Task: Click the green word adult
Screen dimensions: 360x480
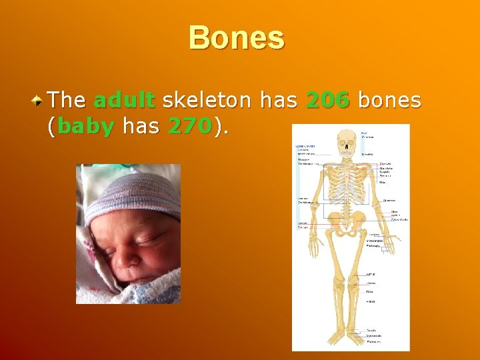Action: pyautogui.click(x=125, y=101)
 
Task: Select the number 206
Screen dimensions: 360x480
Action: pyautogui.click(x=327, y=101)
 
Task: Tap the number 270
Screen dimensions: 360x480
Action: pyautogui.click(x=190, y=125)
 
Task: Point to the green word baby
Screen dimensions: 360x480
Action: pyautogui.click(x=86, y=125)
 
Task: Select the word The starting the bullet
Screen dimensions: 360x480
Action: pyautogui.click(x=67, y=101)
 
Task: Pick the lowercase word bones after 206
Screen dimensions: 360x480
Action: pyautogui.click(x=390, y=101)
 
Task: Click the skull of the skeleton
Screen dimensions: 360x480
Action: pyautogui.click(x=346, y=143)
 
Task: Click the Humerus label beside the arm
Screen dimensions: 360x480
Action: pyautogui.click(x=389, y=199)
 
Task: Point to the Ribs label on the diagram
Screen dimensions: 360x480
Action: pyautogui.click(x=383, y=181)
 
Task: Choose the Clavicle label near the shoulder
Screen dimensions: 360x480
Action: pyautogui.click(x=385, y=163)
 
